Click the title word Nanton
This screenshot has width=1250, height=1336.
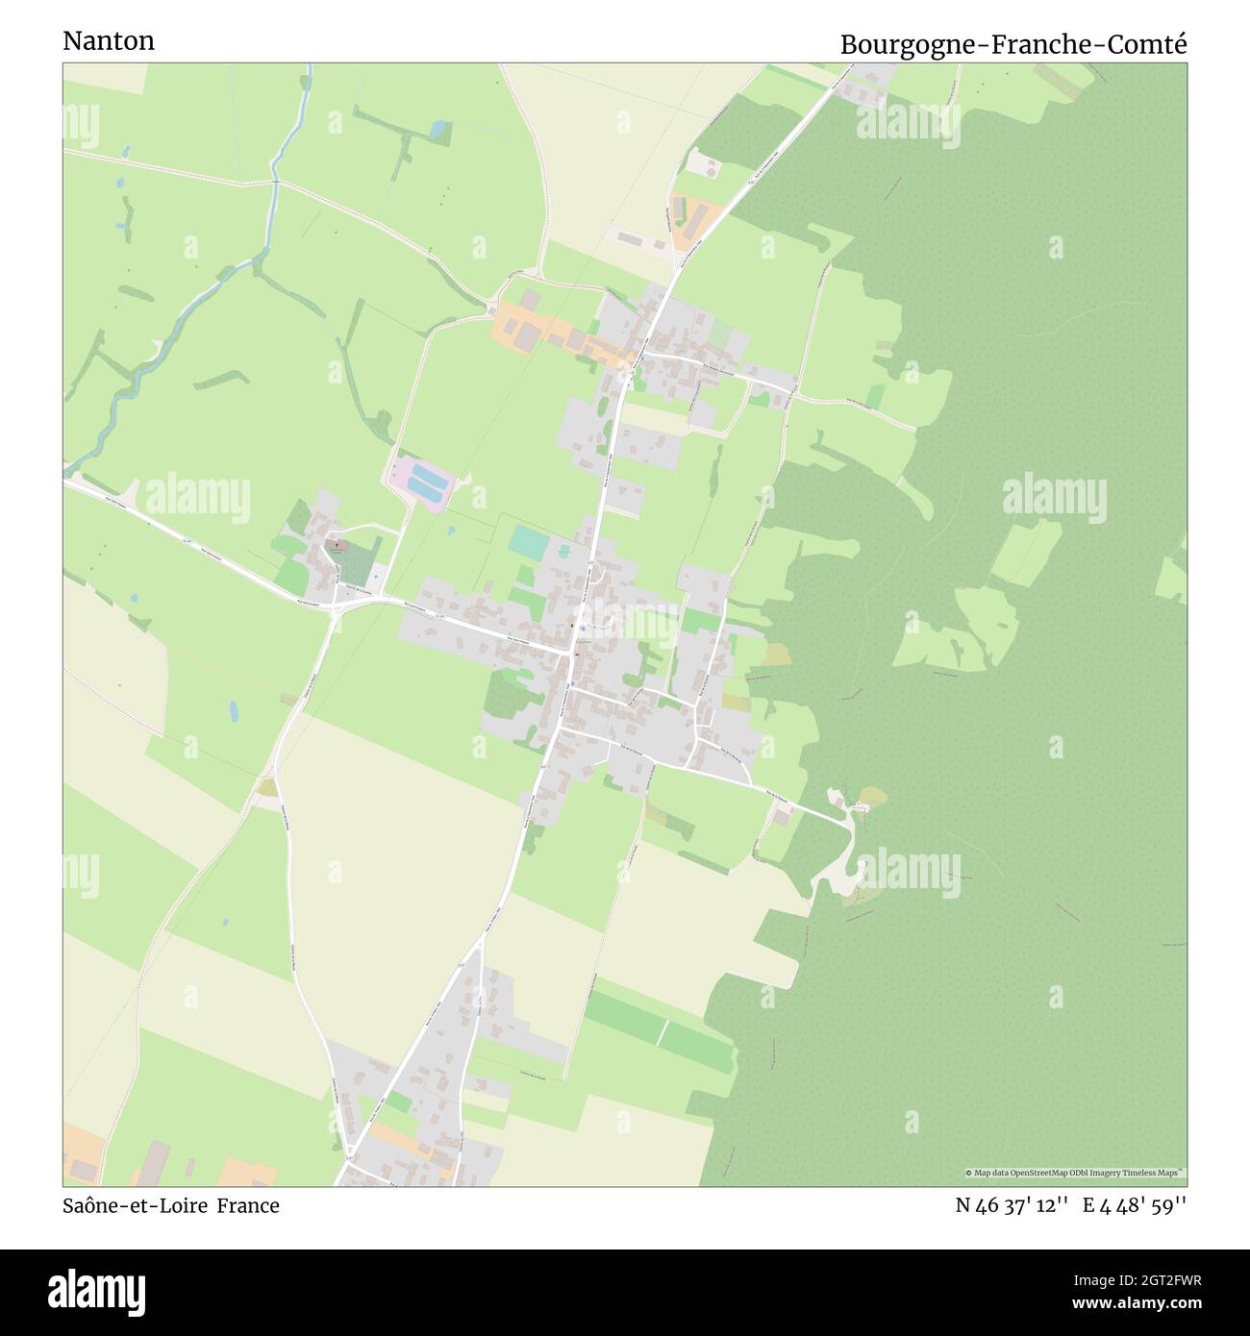pyautogui.click(x=108, y=41)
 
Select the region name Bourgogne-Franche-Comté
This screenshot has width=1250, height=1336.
pyautogui.click(x=1013, y=44)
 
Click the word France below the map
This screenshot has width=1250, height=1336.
pyautogui.click(x=247, y=1205)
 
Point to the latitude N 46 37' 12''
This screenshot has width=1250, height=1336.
pyautogui.click(x=1012, y=1205)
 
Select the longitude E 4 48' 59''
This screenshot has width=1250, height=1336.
pyautogui.click(x=1135, y=1205)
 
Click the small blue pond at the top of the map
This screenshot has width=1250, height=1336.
pyautogui.click(x=437, y=128)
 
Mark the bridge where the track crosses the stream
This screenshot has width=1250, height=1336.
pyautogui.click(x=277, y=181)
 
